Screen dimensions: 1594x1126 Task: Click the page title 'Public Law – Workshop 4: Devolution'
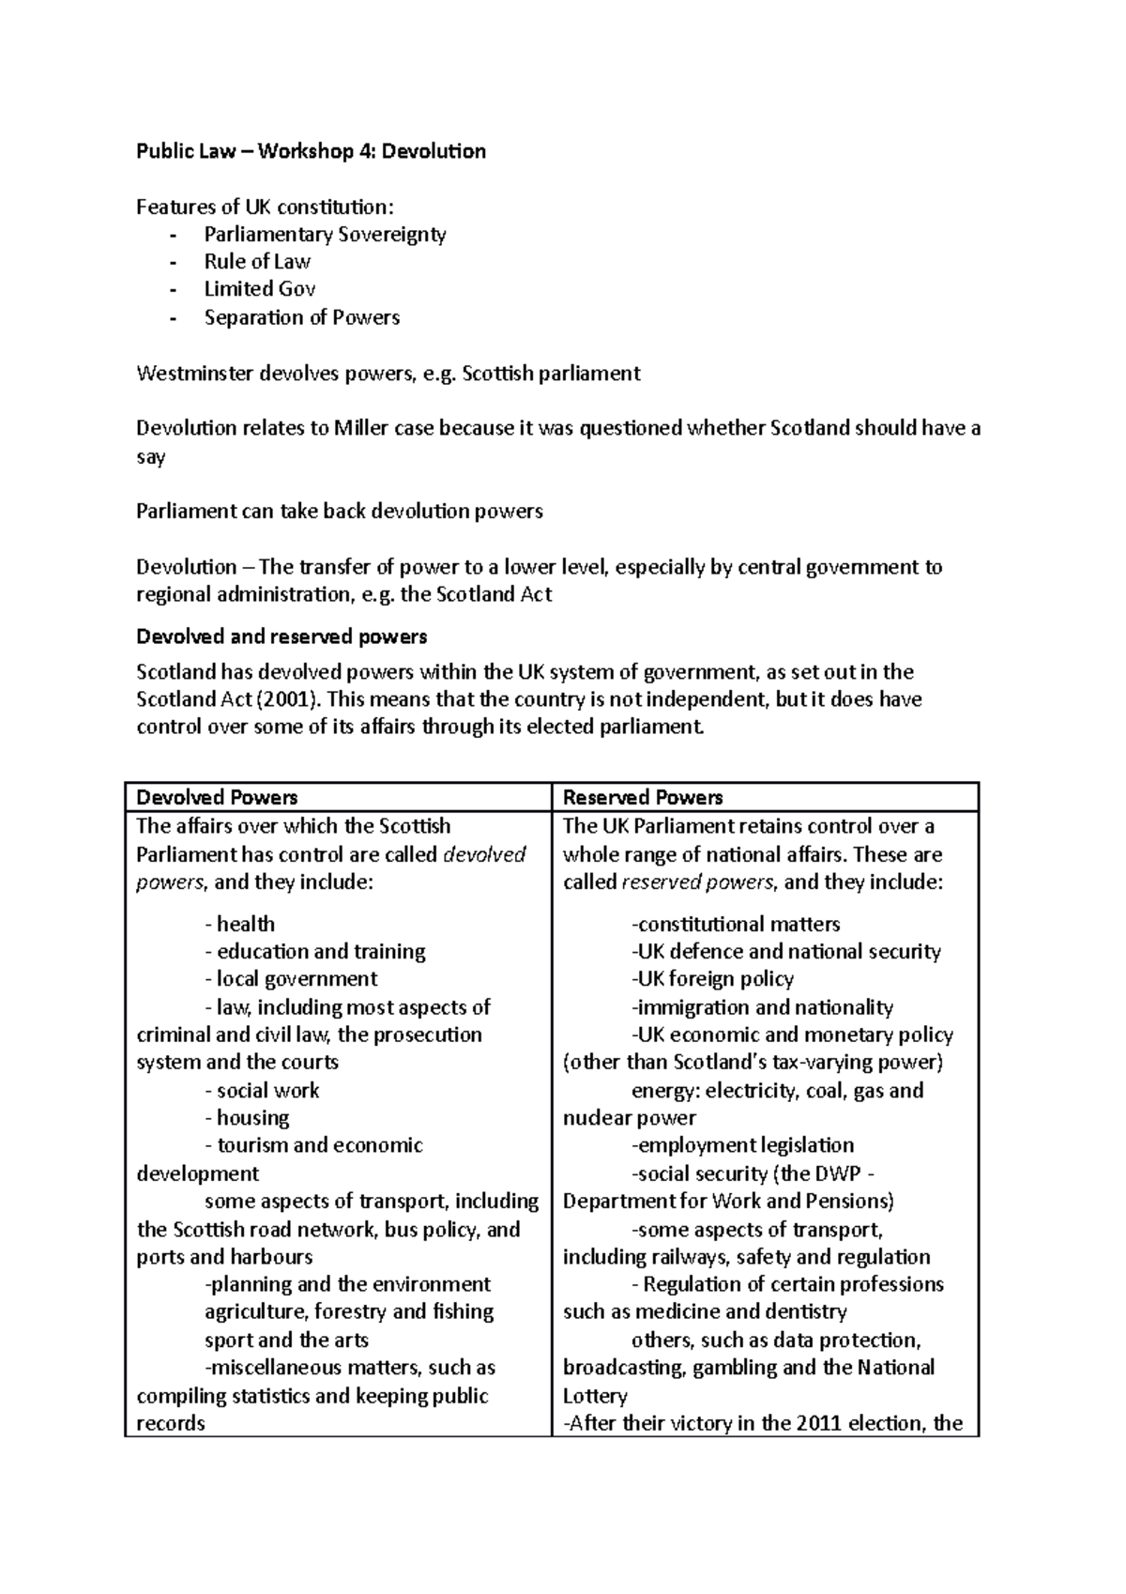311,151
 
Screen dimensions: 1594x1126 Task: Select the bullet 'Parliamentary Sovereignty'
325,235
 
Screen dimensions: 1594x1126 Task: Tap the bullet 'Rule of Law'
257,262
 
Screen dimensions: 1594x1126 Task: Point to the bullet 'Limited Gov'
260,289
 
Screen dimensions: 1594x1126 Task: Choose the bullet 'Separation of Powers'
302,317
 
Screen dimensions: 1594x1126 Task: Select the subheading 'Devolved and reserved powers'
281,636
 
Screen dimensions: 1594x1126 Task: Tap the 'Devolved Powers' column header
217,797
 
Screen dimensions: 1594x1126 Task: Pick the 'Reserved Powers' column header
643,797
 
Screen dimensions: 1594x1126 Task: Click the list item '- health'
240,924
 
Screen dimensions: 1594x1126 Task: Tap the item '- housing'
247,1117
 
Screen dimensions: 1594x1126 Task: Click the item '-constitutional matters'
736,924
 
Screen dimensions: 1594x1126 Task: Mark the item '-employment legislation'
742,1145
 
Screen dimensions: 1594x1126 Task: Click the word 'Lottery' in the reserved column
595,1395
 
